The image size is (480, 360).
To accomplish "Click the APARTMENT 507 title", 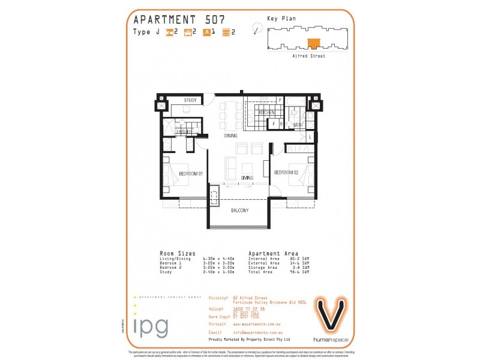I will coord(179,19).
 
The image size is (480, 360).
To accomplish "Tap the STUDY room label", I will coord(190,100).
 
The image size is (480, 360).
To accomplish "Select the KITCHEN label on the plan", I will coord(266,113).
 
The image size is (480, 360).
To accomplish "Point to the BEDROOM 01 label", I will coord(191,173).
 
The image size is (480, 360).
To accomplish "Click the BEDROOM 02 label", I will coord(286,173).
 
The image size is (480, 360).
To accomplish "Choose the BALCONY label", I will coord(239,211).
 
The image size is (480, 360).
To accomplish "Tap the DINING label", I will coord(231,136).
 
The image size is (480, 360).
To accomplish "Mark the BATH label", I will coord(298,125).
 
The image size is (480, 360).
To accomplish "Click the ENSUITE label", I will coord(184,131).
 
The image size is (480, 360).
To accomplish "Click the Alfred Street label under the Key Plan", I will coord(308,56).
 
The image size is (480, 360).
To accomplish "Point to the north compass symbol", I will coord(257,28).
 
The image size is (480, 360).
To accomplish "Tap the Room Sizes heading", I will coord(177,253).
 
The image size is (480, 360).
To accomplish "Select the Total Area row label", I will coord(260,272).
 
